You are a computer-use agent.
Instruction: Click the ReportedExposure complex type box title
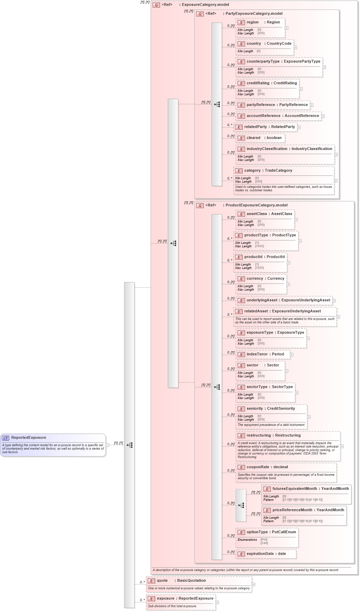click(29, 438)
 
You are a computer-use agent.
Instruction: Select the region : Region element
click(263, 22)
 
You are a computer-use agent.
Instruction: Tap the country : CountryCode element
click(269, 44)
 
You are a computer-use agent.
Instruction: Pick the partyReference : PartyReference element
click(277, 105)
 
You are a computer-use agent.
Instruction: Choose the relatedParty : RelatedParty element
click(269, 127)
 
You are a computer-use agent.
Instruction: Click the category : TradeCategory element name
click(268, 171)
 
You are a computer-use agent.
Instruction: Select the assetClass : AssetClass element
click(269, 214)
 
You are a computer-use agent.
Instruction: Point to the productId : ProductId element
click(264, 257)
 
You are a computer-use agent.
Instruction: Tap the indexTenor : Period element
click(265, 354)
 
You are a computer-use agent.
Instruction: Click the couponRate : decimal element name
click(267, 467)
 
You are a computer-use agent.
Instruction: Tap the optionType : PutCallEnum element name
click(271, 532)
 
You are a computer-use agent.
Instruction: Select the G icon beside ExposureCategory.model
click(156, 5)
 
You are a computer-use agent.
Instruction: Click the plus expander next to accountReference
click(323, 116)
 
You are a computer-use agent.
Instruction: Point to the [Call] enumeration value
click(264, 543)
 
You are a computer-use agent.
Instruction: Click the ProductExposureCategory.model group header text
click(256, 205)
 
